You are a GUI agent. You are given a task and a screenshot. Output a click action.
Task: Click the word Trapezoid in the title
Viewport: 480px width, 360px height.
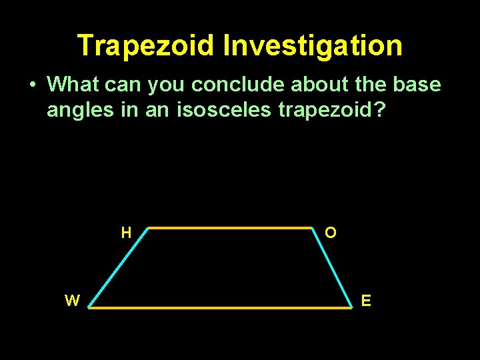click(146, 46)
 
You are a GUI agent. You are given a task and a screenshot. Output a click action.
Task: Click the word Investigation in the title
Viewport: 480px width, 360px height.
click(313, 46)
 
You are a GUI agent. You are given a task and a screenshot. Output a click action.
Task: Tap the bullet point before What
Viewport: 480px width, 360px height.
click(31, 85)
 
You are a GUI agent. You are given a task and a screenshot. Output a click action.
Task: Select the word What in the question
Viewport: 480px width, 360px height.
click(73, 85)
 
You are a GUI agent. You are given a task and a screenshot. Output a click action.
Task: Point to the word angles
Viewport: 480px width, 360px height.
click(79, 110)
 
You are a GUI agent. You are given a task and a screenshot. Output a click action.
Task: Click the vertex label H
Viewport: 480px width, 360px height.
click(126, 233)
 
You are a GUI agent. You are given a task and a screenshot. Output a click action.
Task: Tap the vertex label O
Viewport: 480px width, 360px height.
click(331, 233)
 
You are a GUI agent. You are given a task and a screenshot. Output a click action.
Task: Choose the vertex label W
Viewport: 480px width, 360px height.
click(72, 301)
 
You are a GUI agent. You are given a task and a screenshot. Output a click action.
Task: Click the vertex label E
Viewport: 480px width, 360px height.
click(366, 301)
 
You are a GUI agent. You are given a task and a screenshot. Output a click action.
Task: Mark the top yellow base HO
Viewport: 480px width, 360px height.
click(230, 228)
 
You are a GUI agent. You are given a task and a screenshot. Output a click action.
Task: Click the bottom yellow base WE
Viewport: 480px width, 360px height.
click(220, 308)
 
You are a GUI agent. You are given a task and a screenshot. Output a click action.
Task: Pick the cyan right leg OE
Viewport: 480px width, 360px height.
click(331, 267)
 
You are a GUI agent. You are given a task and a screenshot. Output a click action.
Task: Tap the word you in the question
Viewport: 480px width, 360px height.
click(167, 85)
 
